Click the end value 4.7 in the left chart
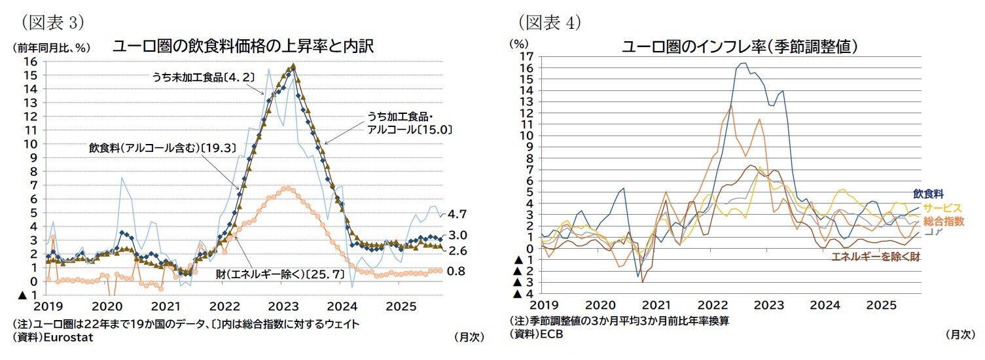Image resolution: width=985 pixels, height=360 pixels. coord(457,214)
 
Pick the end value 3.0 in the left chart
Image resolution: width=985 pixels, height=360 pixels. coord(457,236)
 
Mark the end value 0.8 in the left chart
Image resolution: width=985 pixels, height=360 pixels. coord(456,270)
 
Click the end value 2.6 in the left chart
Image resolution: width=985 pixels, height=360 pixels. coord(457,250)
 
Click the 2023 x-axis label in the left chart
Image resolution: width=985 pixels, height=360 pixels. coord(284,306)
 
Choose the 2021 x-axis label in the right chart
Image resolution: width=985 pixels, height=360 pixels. coord(655,305)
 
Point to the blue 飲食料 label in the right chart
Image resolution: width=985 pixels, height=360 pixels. coord(928,194)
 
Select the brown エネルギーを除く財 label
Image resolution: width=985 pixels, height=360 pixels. coord(875,257)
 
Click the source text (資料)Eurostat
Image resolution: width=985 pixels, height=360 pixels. coord(53,337)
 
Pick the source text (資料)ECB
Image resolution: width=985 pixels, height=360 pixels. coord(535,333)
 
